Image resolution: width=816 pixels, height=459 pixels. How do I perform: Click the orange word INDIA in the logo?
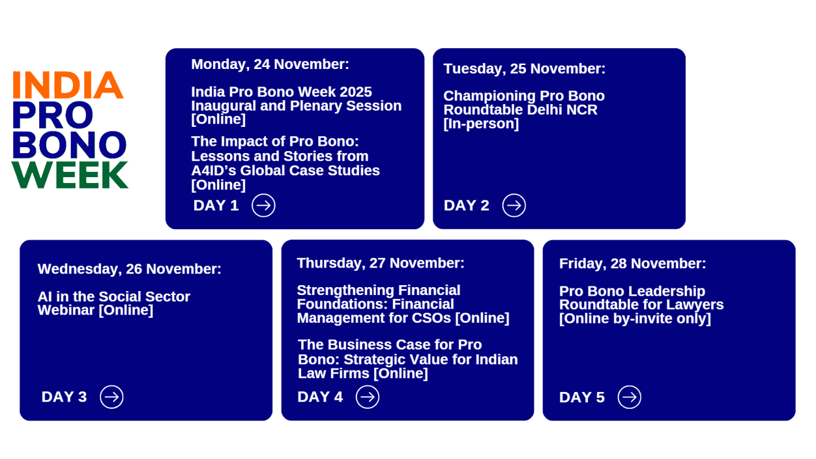click(x=68, y=85)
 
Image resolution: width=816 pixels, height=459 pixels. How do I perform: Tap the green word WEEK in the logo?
click(x=70, y=175)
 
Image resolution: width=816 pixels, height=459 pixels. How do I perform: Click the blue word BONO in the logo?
click(x=69, y=145)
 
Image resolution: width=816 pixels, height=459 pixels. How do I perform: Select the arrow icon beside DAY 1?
click(x=263, y=206)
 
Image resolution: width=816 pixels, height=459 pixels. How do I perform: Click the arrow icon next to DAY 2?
click(x=514, y=206)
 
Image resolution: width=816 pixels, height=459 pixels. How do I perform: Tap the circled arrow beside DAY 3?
click(x=111, y=397)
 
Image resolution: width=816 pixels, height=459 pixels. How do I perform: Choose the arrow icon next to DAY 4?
click(x=368, y=397)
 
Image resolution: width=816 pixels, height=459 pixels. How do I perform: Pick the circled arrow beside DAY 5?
click(x=629, y=397)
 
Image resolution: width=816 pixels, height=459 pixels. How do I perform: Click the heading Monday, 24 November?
click(x=270, y=64)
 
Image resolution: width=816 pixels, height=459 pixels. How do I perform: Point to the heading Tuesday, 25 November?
click(x=524, y=69)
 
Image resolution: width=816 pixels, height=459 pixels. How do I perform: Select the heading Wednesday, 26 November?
click(x=129, y=269)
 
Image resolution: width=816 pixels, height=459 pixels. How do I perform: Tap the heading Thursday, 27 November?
click(x=381, y=263)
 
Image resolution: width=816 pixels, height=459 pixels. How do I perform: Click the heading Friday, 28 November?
click(x=632, y=264)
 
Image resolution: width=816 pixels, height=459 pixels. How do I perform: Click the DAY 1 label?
click(x=216, y=206)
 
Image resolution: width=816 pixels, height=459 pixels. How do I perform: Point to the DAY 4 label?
click(x=320, y=397)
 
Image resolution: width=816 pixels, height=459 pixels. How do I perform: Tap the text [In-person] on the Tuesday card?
click(x=481, y=124)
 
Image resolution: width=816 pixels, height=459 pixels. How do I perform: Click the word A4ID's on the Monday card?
click(x=221, y=171)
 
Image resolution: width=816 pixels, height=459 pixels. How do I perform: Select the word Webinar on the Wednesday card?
click(x=66, y=311)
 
